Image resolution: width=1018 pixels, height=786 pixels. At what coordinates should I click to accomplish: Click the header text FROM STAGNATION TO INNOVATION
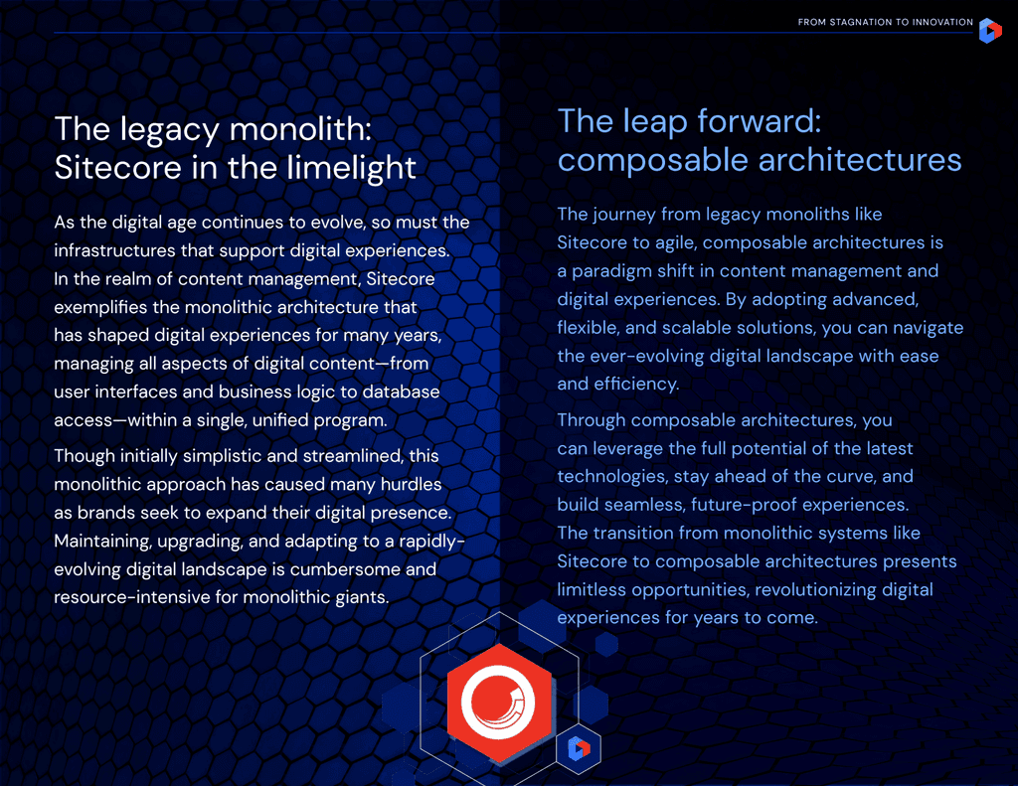click(x=885, y=22)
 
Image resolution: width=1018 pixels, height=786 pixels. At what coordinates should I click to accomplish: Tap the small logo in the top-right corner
click(x=990, y=31)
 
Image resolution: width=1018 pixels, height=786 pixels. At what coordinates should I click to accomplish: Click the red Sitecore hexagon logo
click(x=499, y=703)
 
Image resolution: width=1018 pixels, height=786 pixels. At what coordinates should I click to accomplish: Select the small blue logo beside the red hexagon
click(x=579, y=749)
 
